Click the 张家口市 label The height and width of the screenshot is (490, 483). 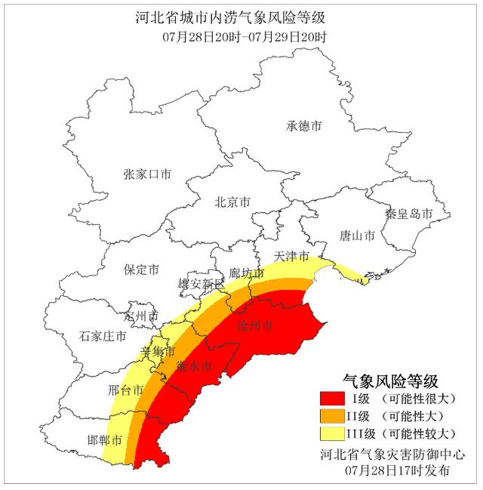click(147, 174)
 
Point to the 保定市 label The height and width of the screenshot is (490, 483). click(141, 270)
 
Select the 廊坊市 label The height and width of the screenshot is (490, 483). click(246, 273)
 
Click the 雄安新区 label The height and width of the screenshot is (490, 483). click(201, 285)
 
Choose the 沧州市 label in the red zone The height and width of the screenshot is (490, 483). click(254, 325)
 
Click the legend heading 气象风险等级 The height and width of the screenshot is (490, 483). click(390, 380)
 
